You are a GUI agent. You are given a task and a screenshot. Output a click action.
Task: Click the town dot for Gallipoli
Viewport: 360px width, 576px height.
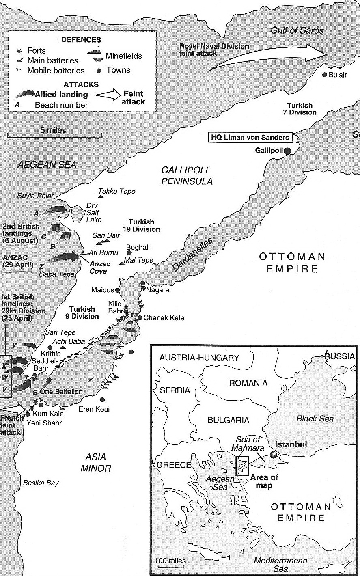click(287, 151)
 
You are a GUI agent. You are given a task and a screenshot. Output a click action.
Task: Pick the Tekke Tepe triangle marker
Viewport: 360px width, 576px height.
click(101, 196)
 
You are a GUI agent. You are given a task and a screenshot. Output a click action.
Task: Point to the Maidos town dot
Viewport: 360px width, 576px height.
click(117, 290)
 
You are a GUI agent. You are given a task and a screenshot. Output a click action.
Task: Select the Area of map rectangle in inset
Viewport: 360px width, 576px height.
click(243, 466)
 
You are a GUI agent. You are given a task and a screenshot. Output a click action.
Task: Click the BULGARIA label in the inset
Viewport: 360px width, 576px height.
click(229, 420)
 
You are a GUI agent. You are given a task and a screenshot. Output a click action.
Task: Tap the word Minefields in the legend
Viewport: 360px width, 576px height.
click(124, 56)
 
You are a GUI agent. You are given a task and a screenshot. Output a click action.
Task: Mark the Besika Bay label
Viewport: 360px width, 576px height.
click(41, 483)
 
